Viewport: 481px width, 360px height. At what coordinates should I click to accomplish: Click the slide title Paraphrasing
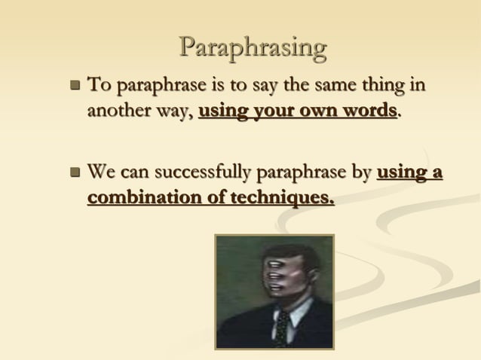point(253,48)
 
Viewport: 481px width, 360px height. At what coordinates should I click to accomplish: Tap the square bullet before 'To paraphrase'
point(74,86)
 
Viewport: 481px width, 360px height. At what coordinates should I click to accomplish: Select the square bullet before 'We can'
point(74,174)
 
